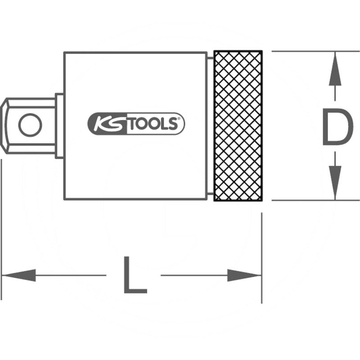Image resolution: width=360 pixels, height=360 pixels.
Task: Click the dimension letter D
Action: (x=337, y=127)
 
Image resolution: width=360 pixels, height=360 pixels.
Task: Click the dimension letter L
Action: (x=135, y=275)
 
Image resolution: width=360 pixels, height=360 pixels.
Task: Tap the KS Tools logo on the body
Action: (x=136, y=123)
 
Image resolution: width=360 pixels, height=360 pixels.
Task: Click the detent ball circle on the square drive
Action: (x=30, y=125)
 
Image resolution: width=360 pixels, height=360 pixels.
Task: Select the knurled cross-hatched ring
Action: (x=238, y=126)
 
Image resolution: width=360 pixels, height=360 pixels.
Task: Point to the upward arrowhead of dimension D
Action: (x=335, y=69)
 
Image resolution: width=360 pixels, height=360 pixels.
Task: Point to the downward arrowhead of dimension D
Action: (x=335, y=183)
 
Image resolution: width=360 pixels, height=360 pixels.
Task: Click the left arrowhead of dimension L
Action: (x=18, y=275)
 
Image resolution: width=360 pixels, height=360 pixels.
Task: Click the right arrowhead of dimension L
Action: (x=244, y=275)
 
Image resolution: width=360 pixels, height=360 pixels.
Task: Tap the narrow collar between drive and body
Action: (x=59, y=126)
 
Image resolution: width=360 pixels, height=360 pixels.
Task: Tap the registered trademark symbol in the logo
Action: (x=179, y=119)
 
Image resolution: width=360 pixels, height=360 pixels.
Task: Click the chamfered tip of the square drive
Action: (x=4, y=126)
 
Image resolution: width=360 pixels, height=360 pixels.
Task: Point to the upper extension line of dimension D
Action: (x=316, y=51)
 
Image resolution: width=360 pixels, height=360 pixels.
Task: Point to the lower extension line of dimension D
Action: (x=316, y=200)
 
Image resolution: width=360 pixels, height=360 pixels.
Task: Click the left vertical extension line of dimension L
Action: (x=1, y=229)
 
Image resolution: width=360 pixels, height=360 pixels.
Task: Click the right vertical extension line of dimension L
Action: (x=262, y=258)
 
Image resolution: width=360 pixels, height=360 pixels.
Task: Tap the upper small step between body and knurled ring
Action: (x=210, y=58)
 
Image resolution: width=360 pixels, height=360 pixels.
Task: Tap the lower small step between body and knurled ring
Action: (x=210, y=194)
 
